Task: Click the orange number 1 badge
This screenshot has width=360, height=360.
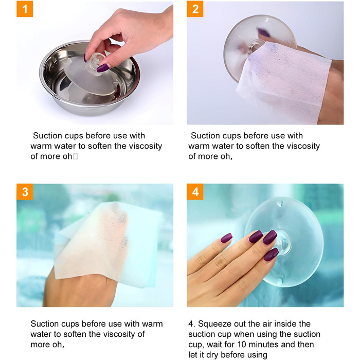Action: tap(25, 9)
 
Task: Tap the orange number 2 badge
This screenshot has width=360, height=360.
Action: tap(195, 9)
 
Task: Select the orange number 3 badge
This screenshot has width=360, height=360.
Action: tap(25, 192)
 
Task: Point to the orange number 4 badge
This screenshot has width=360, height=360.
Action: tap(195, 192)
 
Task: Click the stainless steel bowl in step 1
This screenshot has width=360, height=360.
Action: tap(89, 79)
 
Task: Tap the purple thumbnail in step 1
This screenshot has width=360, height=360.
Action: tap(103, 68)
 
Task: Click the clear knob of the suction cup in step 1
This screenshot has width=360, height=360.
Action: tap(95, 61)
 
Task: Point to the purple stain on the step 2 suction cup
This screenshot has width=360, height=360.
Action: tap(264, 32)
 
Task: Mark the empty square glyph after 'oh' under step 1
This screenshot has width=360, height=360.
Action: tap(75, 156)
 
